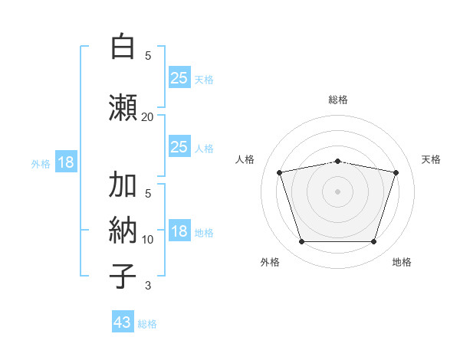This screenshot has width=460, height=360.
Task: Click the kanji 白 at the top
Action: coord(123,46)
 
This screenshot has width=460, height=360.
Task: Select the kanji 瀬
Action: coord(123,107)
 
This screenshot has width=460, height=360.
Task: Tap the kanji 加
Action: coord(123,184)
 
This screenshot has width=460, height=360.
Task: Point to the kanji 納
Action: coord(123,230)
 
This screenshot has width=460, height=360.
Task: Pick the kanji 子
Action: coord(123,276)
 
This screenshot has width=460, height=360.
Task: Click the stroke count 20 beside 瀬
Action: coord(147,117)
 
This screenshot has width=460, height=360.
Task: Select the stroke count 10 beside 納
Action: coord(147,240)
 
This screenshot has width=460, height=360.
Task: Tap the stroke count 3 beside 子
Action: coord(148,286)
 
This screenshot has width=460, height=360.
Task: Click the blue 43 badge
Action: coord(123,321)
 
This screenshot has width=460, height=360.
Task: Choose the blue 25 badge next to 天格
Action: coord(179,77)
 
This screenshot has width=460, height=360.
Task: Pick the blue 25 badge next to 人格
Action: coord(179,146)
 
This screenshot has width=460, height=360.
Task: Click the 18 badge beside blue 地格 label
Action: coord(179,230)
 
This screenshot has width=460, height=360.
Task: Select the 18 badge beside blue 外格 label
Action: coord(66,162)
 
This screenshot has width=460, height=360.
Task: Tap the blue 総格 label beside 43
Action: coord(147,324)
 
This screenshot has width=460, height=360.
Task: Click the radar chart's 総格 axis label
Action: coord(338,100)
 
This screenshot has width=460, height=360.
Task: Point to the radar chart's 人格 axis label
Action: coord(245,159)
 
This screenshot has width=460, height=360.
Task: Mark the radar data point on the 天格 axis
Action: coord(396,172)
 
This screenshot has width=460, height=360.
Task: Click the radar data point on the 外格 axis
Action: coord(301,242)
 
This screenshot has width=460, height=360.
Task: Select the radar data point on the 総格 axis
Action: coord(337,162)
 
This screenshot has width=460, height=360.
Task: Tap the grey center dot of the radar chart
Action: coord(337,191)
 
